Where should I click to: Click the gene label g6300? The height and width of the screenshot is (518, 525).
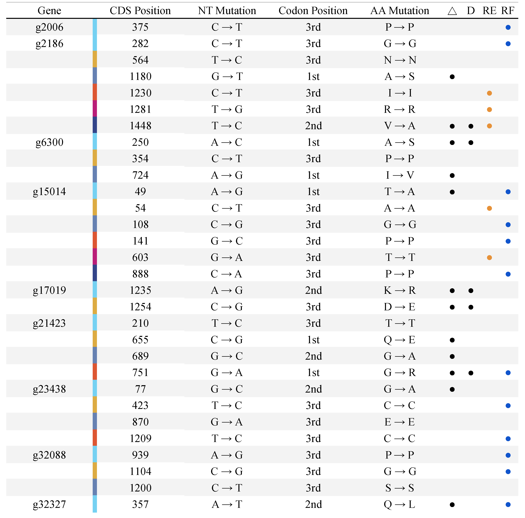[49, 142]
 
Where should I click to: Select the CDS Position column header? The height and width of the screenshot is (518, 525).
[140, 11]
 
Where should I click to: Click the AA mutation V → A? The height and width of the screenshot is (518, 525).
[399, 126]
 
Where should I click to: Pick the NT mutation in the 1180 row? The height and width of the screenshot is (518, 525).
[227, 76]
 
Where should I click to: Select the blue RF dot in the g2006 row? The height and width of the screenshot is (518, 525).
[508, 27]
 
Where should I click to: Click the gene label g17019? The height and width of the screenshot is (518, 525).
[49, 290]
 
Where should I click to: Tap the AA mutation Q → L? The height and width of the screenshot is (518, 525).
[399, 504]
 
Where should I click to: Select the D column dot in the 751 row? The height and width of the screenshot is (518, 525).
[471, 373]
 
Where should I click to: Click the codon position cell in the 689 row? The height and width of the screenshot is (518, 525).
[313, 356]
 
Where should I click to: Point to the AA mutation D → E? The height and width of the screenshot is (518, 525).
[399, 307]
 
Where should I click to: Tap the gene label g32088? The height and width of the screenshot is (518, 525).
[49, 455]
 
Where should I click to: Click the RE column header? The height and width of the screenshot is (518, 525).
[489, 11]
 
